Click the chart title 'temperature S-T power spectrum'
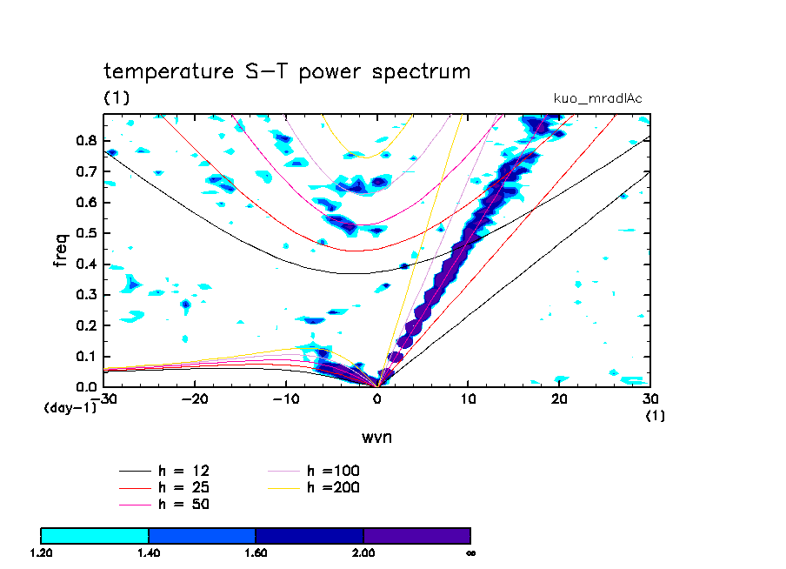pyautogui.click(x=287, y=71)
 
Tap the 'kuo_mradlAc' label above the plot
pyautogui.click(x=597, y=98)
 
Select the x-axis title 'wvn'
pyautogui.click(x=376, y=437)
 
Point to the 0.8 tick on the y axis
pyautogui.click(x=87, y=140)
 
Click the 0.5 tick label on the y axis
pyautogui.click(x=87, y=233)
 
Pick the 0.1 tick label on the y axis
pyautogui.click(x=87, y=357)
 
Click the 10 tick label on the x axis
pyautogui.click(x=469, y=398)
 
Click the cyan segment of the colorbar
pyautogui.click(x=95, y=535)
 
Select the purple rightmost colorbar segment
pyautogui.click(x=416, y=535)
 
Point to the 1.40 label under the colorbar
pyautogui.click(x=149, y=552)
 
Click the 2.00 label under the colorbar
pyautogui.click(x=363, y=552)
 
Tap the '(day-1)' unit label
pyautogui.click(x=70, y=407)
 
